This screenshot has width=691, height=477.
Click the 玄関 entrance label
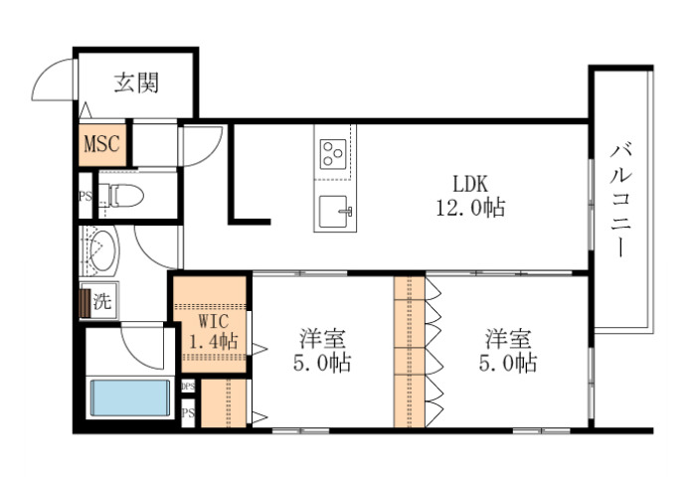click(137, 83)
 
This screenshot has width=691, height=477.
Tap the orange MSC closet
click(100, 144)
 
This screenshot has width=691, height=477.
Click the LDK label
click(470, 185)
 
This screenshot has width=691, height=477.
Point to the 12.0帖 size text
click(470, 208)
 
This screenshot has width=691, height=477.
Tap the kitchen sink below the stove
click(333, 211)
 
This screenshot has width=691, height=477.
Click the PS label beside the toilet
click(86, 196)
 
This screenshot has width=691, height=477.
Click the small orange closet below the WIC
click(222, 402)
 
